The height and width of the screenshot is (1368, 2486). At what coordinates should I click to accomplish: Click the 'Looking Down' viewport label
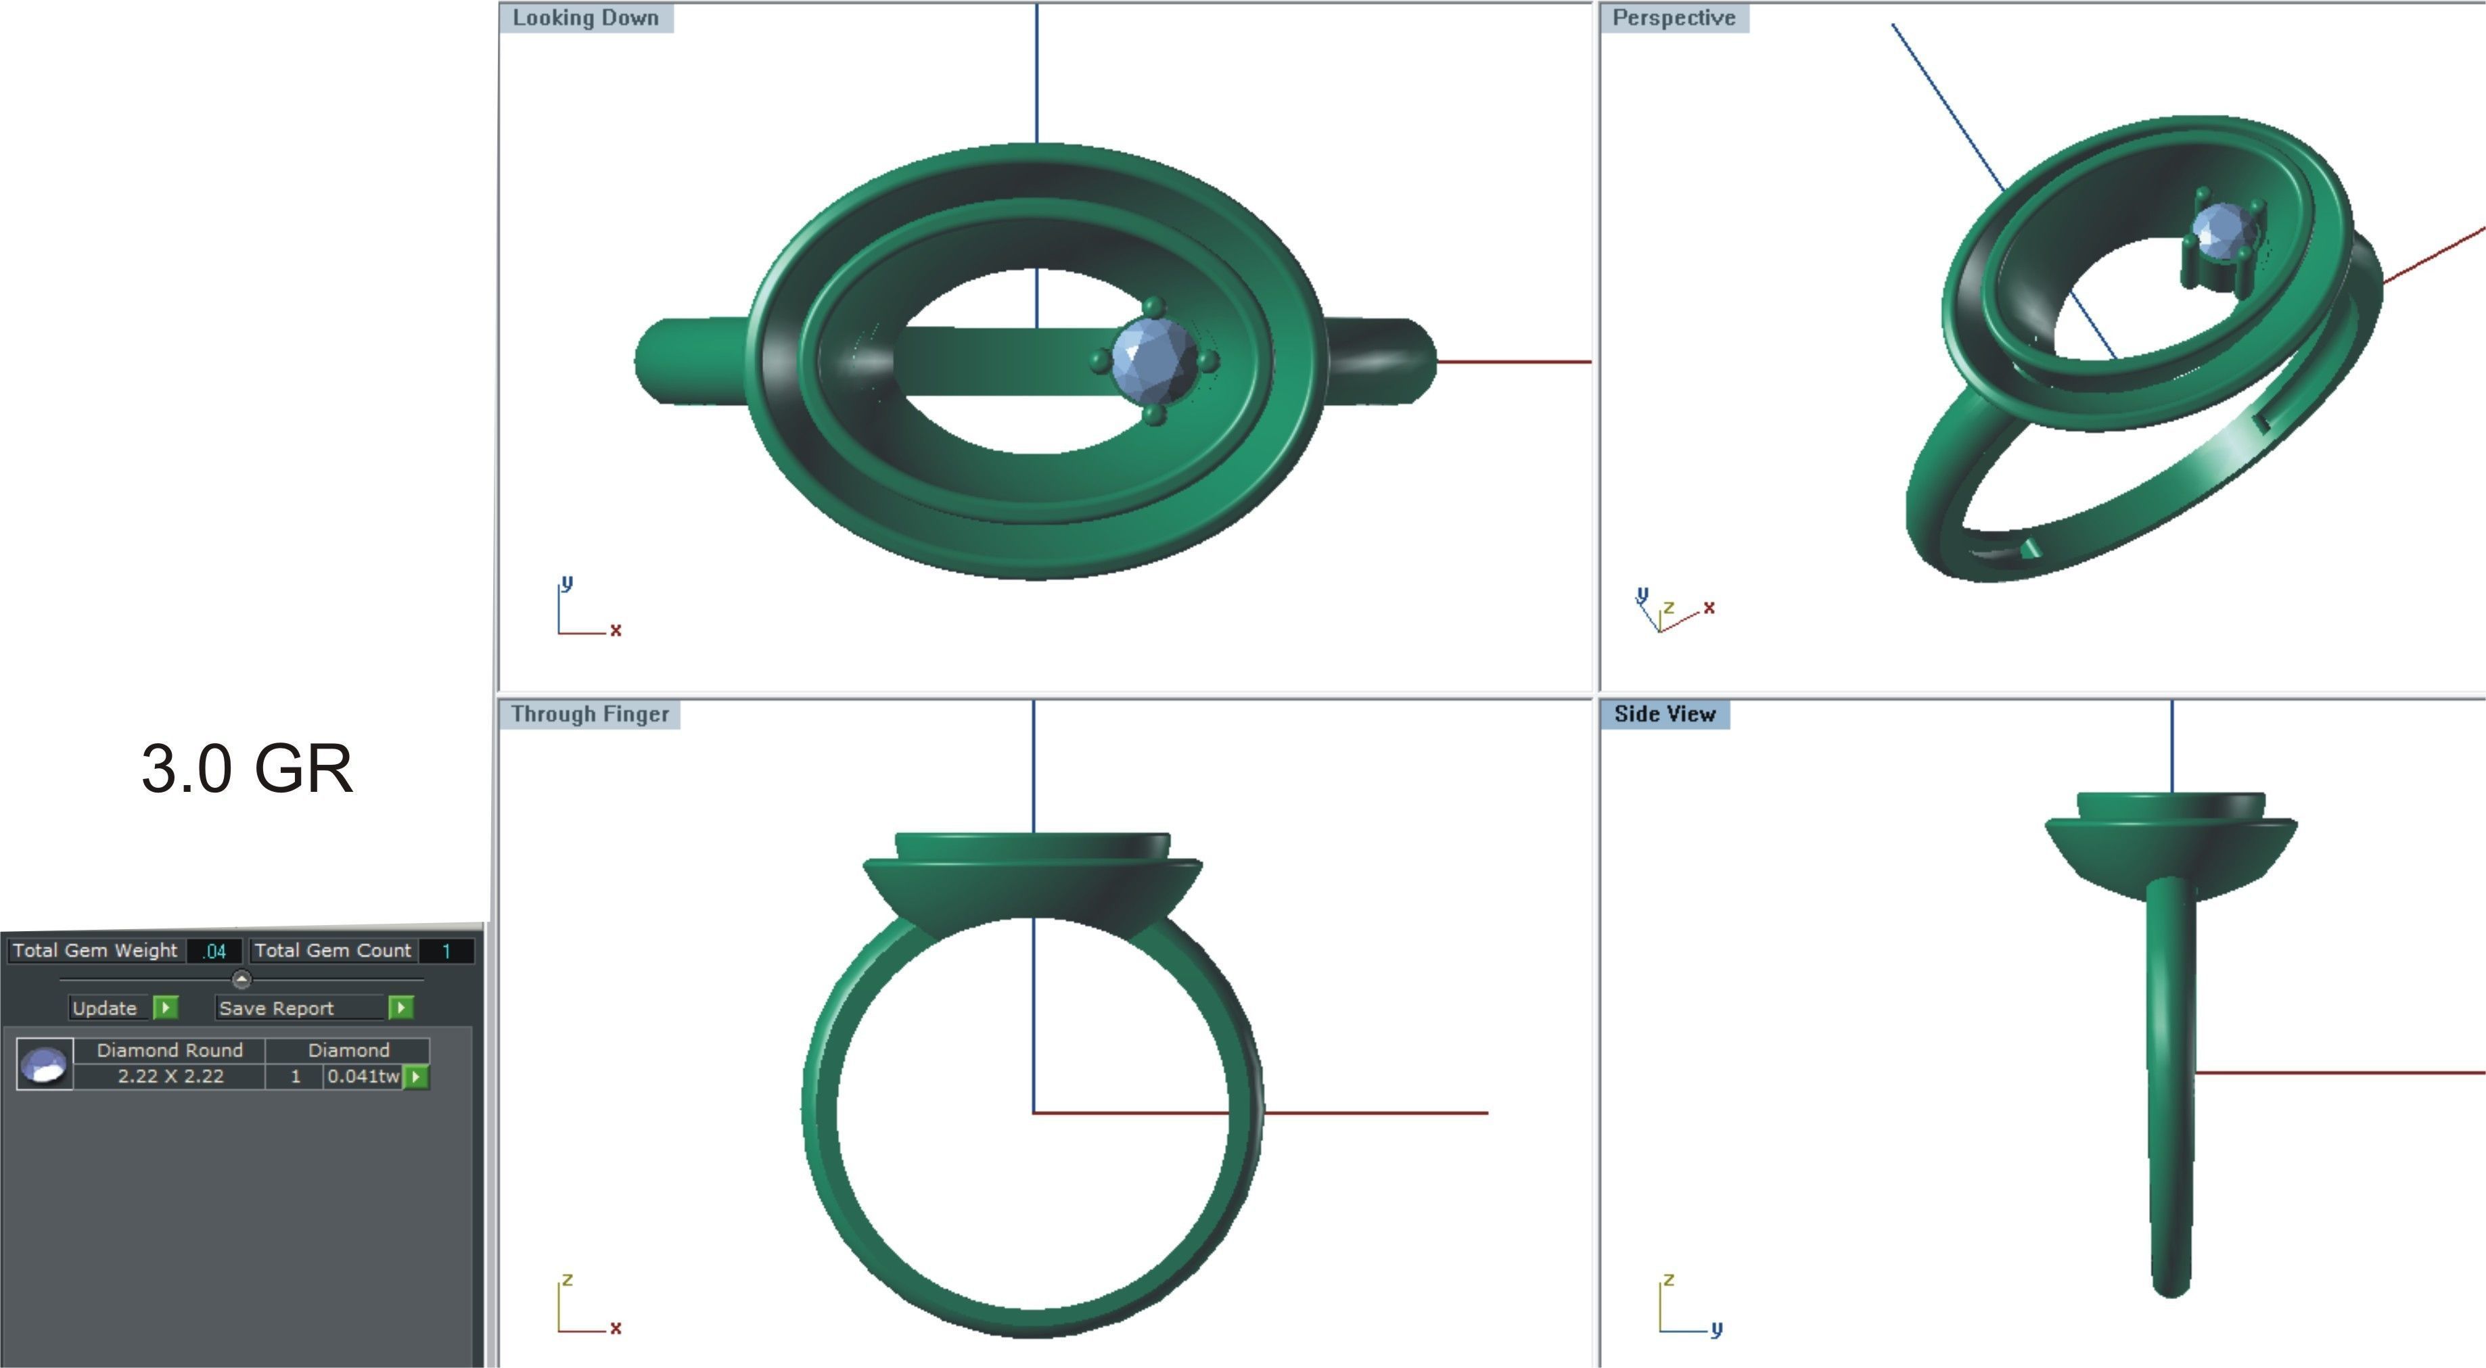[585, 18]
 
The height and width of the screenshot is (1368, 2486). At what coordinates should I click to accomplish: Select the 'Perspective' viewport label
[1674, 18]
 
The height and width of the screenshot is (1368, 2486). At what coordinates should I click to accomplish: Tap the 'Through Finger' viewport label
[590, 714]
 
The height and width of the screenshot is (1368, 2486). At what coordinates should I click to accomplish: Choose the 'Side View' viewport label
[1665, 714]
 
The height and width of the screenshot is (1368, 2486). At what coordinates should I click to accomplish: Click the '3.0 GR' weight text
[247, 769]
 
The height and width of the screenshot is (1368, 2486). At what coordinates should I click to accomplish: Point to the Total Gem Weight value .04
[214, 951]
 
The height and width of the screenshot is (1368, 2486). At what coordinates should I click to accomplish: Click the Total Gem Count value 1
[446, 951]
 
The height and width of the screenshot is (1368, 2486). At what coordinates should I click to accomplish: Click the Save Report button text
[276, 1008]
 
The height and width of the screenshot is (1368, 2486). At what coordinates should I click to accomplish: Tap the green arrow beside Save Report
[401, 1008]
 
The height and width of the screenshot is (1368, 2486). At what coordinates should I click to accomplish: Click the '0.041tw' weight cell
[363, 1077]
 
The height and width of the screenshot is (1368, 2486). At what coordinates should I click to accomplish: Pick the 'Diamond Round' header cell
[170, 1051]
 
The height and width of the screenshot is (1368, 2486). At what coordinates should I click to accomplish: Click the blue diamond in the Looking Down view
[1154, 361]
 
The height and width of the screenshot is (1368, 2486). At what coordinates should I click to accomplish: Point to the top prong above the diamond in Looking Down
[1153, 308]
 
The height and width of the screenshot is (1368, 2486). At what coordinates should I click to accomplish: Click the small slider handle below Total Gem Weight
[241, 980]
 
